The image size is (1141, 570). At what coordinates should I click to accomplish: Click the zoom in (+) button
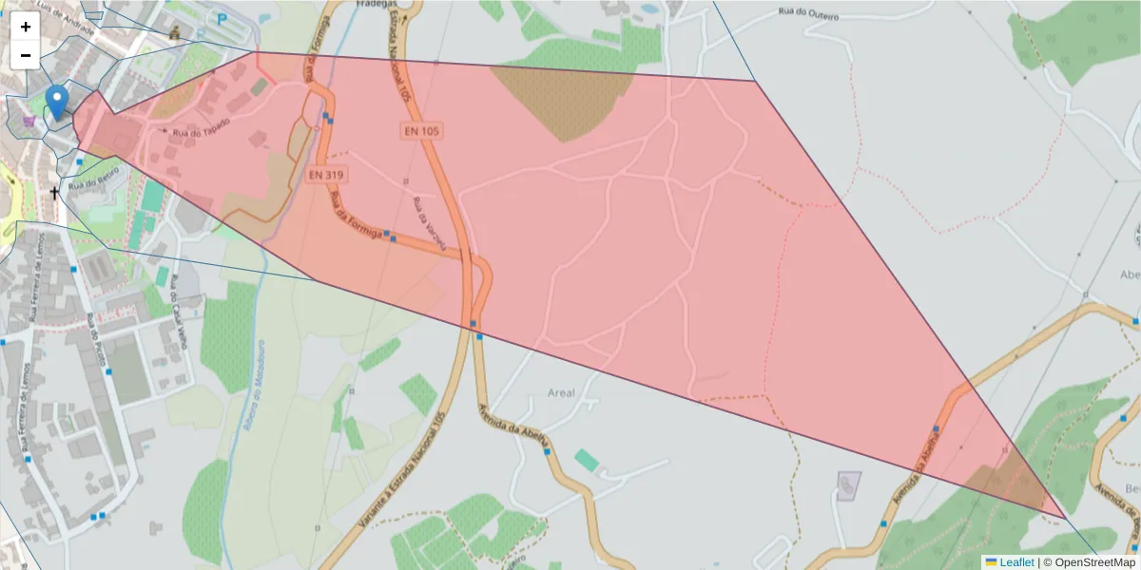[26, 27]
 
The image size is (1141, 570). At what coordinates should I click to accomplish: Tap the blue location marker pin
[57, 102]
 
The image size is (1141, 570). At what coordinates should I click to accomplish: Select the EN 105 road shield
[422, 130]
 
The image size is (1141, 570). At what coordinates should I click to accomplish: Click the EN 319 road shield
[327, 175]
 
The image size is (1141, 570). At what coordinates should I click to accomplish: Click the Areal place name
[562, 392]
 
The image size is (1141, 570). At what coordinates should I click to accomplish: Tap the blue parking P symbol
[222, 18]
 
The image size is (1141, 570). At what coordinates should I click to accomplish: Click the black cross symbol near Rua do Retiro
[54, 193]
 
